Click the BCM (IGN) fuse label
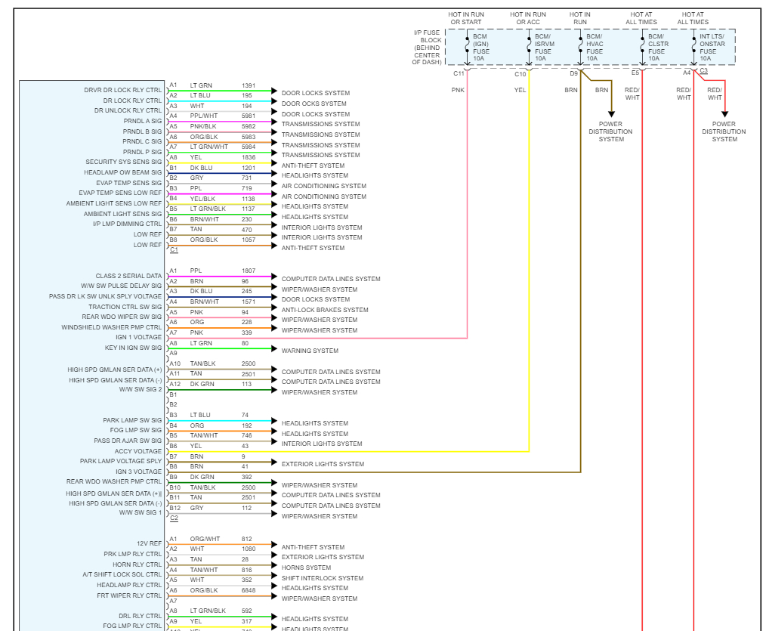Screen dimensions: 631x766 pos(482,47)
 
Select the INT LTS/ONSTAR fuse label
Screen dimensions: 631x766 pos(712,47)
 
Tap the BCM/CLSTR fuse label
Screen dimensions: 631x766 pos(655,47)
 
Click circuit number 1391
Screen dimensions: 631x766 pos(249,85)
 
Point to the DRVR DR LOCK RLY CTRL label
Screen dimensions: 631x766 pos(123,90)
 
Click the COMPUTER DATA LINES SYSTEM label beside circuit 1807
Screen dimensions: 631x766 pos(331,279)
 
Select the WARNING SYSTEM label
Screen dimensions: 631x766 pos(310,351)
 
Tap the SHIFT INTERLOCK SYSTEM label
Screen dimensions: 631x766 pos(323,578)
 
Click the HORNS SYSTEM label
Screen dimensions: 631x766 pos(306,568)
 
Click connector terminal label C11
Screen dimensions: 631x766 pos(459,73)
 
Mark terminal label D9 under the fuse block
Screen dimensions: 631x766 pos(573,73)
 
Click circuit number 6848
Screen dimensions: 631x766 pos(249,590)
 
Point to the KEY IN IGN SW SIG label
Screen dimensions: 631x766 pos(133,348)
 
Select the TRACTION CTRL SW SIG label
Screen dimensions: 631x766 pos(125,307)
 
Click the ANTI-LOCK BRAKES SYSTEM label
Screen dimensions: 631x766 pos(325,310)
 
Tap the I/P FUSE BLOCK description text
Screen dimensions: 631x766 pos(426,47)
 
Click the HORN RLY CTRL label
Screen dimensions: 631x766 pos(137,564)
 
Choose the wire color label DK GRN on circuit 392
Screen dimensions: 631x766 pos(202,477)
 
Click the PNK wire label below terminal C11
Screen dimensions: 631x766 pos(458,90)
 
